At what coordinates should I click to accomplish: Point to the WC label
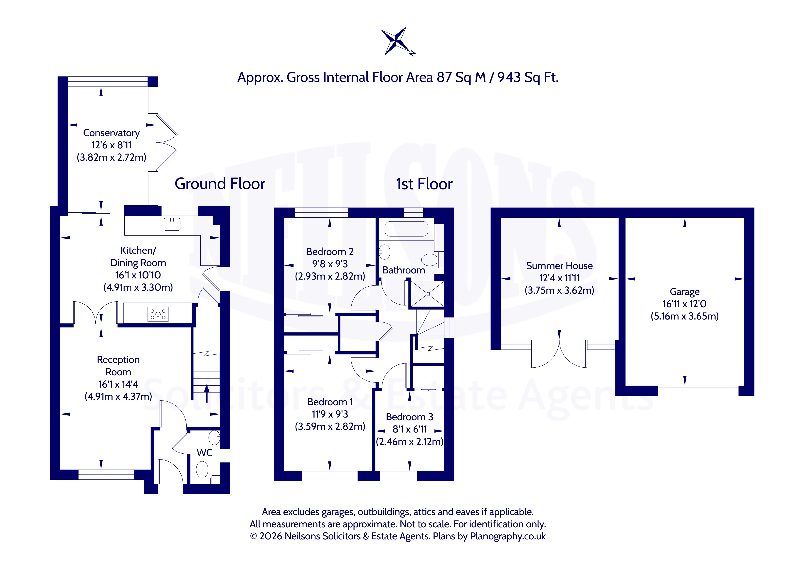click(205, 453)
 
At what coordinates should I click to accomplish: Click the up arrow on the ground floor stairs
click(207, 393)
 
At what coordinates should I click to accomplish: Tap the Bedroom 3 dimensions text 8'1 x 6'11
click(409, 429)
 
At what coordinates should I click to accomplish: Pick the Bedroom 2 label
click(330, 252)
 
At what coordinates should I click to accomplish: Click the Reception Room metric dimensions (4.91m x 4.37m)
click(118, 396)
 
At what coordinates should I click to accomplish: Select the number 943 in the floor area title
click(509, 77)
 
